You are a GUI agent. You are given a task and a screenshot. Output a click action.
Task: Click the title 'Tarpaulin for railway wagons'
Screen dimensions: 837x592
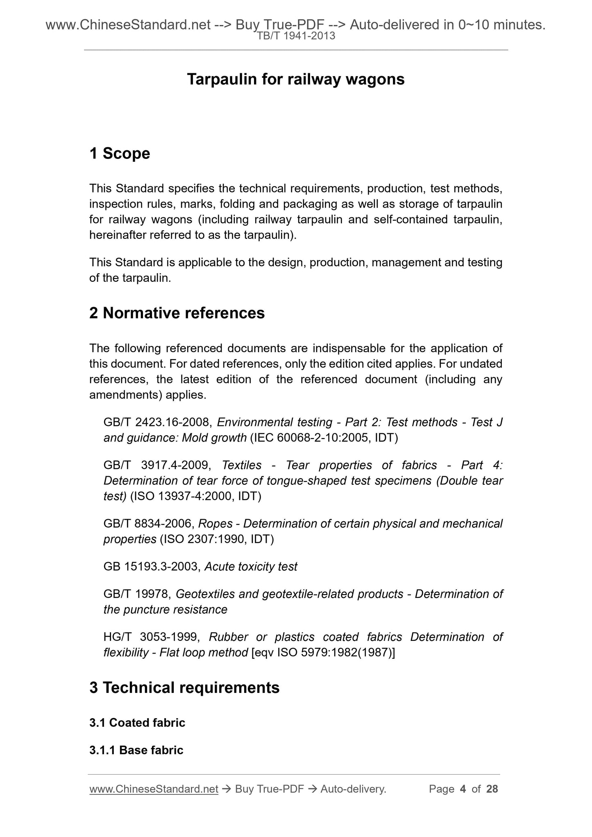[295, 79]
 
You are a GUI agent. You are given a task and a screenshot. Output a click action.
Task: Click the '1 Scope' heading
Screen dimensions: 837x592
[120, 154]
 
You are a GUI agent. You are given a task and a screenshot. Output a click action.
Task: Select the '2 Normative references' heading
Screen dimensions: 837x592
[177, 313]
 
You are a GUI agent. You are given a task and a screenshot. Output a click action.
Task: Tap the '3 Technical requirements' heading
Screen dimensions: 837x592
[184, 688]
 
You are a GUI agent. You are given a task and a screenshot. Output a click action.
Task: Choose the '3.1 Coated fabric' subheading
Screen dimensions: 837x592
[137, 723]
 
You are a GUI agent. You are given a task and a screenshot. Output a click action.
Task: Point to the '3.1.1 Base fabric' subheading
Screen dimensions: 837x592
[136, 750]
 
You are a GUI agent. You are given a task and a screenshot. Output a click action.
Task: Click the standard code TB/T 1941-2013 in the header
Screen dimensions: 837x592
[296, 36]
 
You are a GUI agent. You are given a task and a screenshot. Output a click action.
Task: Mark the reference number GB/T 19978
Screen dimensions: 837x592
[137, 594]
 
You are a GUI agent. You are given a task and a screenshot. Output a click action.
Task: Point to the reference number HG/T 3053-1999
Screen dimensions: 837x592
[152, 637]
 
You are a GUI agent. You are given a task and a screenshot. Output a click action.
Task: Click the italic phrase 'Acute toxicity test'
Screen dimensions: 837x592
[251, 567]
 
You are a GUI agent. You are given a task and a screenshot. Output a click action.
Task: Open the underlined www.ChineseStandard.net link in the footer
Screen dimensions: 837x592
[154, 789]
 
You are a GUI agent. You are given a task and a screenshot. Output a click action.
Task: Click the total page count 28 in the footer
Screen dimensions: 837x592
[492, 789]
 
